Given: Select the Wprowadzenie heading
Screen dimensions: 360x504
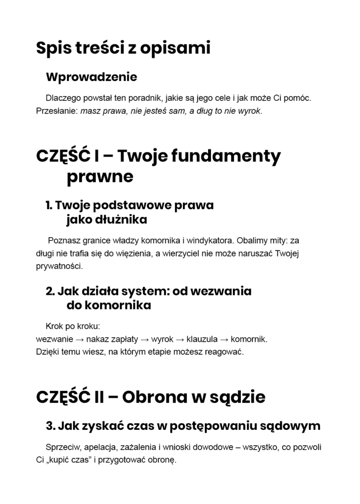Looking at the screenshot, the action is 91,76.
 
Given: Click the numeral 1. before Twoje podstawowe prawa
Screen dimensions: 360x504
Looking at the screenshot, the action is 49,205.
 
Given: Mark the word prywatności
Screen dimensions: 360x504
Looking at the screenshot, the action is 59,266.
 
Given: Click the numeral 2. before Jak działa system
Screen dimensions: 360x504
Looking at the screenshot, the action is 50,291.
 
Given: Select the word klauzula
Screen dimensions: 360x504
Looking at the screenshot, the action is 202,339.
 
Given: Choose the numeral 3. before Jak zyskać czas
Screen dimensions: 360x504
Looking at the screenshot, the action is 51,426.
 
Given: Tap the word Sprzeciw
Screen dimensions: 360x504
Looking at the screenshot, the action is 63,447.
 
